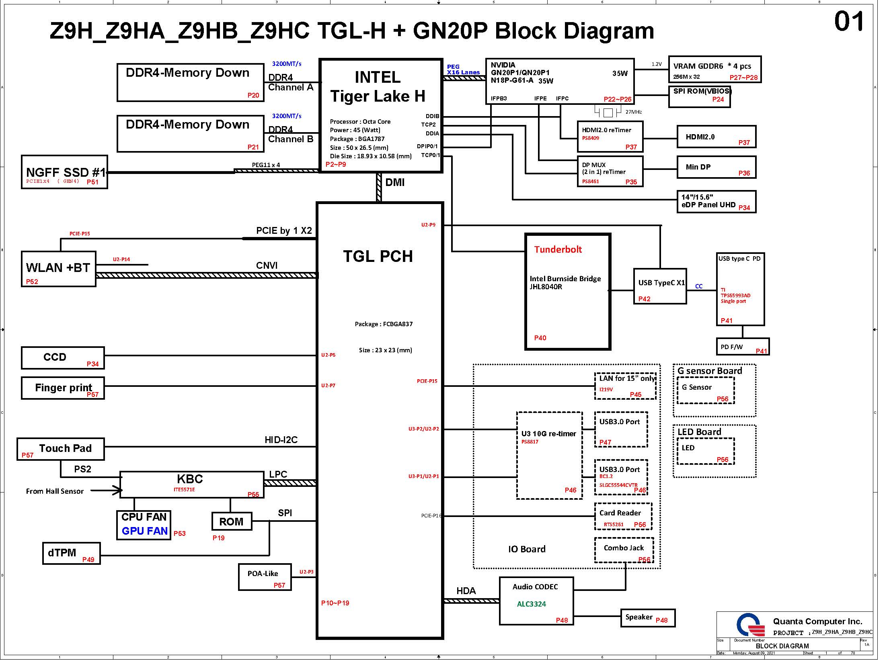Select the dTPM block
[72, 554]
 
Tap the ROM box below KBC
[232, 522]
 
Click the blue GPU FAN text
[145, 531]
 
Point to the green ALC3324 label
[532, 604]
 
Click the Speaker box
[648, 618]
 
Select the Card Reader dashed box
[623, 517]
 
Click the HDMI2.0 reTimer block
[610, 137]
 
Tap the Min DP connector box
[717, 168]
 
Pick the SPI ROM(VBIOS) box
[700, 97]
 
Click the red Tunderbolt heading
[558, 249]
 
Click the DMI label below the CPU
[395, 183]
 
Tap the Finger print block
[63, 388]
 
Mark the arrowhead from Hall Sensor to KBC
[118, 490]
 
